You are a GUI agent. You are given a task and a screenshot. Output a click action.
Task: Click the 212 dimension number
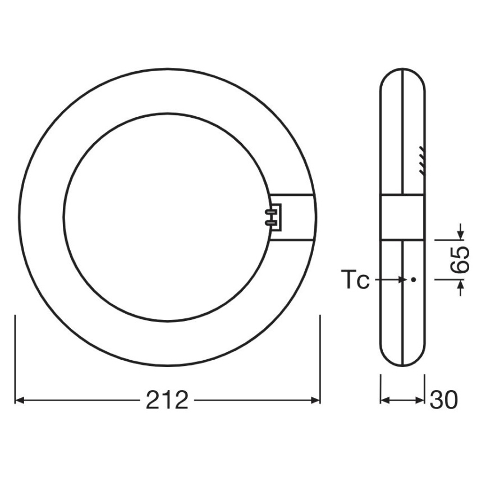tap(167, 400)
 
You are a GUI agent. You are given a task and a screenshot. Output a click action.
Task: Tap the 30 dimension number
tap(444, 400)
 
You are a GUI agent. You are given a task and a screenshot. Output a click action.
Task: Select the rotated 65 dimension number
tap(460, 259)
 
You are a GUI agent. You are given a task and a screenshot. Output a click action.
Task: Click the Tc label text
tap(355, 279)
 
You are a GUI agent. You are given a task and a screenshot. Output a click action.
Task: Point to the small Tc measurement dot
tap(413, 279)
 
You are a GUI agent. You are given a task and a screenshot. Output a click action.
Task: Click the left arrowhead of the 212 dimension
tap(20, 400)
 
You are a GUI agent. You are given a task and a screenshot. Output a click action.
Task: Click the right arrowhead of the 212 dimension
tap(315, 400)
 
